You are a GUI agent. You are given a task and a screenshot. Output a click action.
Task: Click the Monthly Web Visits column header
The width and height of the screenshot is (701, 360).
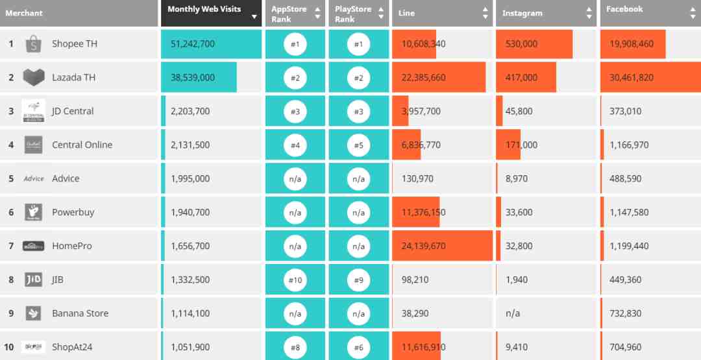[204, 9]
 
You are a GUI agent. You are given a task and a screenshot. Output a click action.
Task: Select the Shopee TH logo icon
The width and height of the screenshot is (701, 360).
[34, 44]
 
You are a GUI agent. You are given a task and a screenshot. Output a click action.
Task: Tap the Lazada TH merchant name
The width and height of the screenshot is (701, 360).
[73, 78]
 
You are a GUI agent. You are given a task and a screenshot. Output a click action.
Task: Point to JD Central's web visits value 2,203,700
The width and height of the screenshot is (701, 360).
[190, 112]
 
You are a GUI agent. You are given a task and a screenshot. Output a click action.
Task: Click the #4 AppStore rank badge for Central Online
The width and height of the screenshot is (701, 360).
[295, 145]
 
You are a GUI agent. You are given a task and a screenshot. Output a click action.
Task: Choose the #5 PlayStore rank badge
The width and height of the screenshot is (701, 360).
[359, 145]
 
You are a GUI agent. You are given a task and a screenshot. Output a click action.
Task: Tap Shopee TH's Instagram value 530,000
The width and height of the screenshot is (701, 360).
[521, 44]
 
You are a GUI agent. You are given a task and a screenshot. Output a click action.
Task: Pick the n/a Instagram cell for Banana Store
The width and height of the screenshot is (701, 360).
[513, 314]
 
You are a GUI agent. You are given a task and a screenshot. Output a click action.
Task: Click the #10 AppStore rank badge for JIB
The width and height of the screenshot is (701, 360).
[295, 280]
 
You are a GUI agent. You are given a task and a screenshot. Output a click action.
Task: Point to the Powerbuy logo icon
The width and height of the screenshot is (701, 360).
[34, 212]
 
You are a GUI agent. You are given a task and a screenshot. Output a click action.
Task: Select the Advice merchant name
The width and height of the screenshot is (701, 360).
[66, 179]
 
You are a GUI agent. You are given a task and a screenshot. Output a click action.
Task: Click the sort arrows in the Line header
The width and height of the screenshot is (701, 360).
[486, 13]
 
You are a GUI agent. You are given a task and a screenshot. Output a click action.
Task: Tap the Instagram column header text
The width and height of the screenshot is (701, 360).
[522, 13]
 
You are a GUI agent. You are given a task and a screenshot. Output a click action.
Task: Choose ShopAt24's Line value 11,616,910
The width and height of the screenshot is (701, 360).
[423, 348]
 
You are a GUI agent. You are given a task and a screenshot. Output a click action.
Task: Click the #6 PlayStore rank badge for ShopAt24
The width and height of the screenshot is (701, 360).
[359, 348]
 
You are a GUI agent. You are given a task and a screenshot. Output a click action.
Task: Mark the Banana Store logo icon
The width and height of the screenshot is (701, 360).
[34, 313]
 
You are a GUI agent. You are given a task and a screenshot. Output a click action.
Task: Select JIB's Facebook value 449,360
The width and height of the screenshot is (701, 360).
[625, 280]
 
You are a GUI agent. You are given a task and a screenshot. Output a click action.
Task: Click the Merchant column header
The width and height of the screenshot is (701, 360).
[24, 13]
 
